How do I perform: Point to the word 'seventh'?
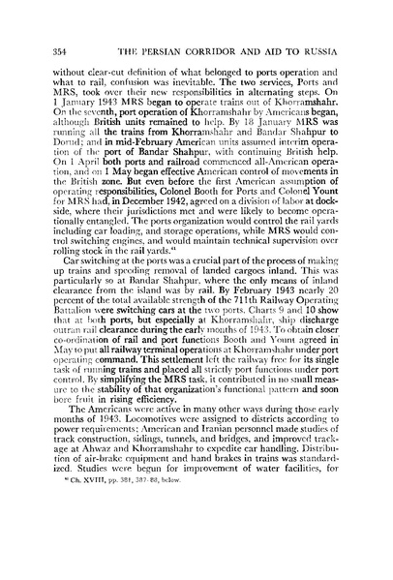(89, 99)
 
